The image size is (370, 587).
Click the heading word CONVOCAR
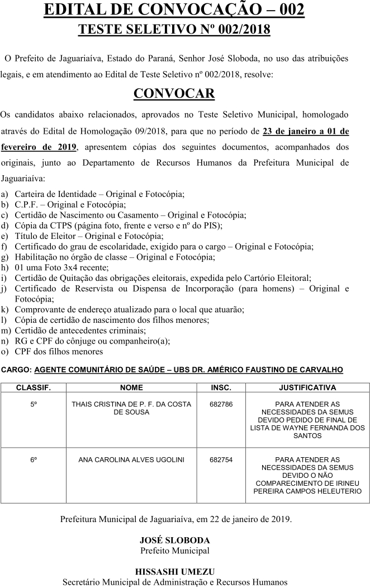[x=174, y=93]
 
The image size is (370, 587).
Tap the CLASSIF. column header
[x=34, y=387]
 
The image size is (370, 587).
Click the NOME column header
[x=131, y=387]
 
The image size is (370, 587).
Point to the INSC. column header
[x=221, y=387]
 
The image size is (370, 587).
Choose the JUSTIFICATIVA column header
[x=307, y=387]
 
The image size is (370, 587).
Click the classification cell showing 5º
[x=34, y=404]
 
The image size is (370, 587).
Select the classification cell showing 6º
[x=34, y=460]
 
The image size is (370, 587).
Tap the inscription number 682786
[x=221, y=404]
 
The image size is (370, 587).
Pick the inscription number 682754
[x=221, y=460]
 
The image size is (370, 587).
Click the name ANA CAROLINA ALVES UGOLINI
[x=131, y=460]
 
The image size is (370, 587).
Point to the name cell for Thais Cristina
[x=131, y=408]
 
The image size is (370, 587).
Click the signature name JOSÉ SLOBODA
[x=174, y=541]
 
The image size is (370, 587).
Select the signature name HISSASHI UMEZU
[x=174, y=571]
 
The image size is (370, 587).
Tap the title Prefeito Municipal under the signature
[x=174, y=551]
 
